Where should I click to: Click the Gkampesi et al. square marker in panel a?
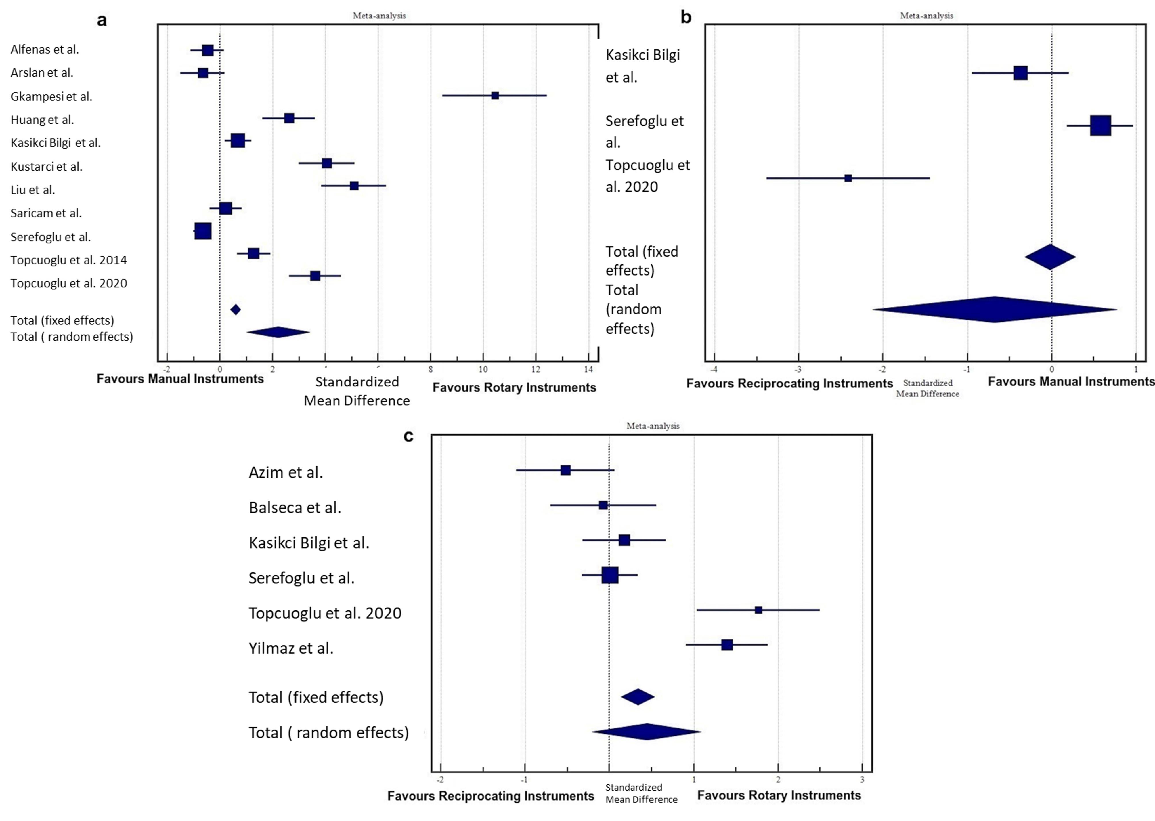point(495,96)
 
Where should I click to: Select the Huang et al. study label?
point(43,120)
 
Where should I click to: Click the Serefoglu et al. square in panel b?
point(1100,125)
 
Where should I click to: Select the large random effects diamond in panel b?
point(994,310)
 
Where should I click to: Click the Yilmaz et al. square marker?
point(727,645)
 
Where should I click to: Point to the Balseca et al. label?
point(295,507)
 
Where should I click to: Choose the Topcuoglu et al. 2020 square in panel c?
point(758,610)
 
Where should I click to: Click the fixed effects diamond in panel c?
point(637,697)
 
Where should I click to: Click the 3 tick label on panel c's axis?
point(862,780)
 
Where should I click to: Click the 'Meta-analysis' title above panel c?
point(653,426)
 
